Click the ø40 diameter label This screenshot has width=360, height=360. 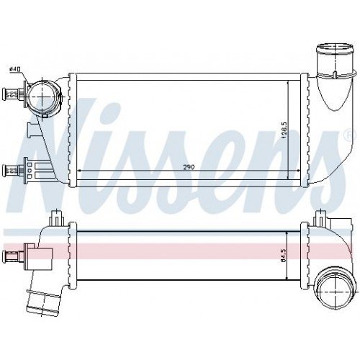coord(14,69)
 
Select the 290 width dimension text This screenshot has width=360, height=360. coord(188,167)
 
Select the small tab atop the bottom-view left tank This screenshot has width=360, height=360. coord(56,216)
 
